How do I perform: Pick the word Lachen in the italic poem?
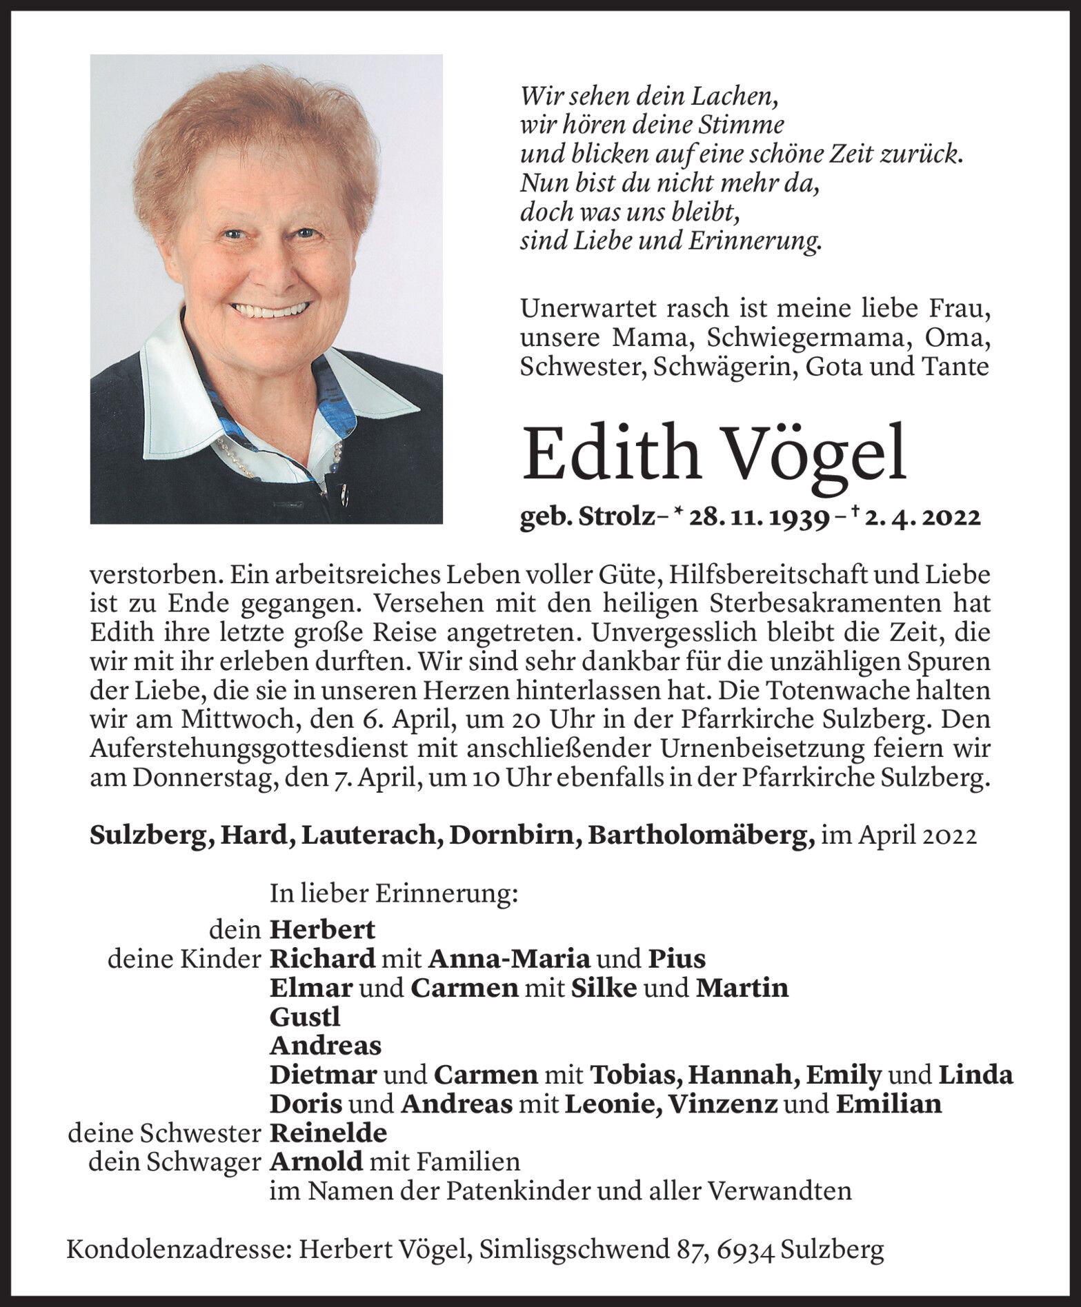(x=740, y=96)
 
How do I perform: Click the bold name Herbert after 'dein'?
(x=322, y=930)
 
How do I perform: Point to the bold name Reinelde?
(x=328, y=1133)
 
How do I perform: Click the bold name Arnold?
(x=316, y=1162)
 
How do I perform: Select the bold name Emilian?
(x=889, y=1104)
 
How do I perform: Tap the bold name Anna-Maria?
(x=509, y=959)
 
